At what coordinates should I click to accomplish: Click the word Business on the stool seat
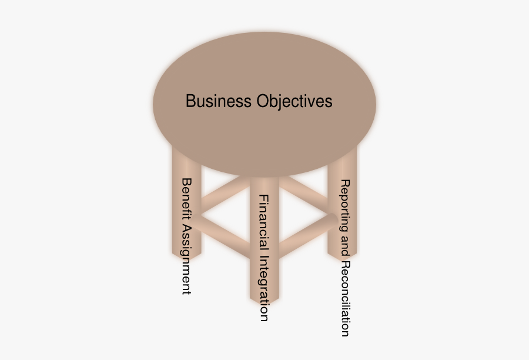click(x=219, y=101)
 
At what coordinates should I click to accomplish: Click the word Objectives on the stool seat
click(x=294, y=102)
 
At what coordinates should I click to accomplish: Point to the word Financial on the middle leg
click(x=264, y=222)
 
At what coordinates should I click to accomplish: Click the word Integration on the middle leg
click(x=264, y=288)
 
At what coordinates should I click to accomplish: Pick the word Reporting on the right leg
click(x=345, y=205)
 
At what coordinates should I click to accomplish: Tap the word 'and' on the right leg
click(x=345, y=245)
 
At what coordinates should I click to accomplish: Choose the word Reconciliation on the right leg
click(x=345, y=299)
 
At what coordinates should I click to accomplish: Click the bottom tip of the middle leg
click(x=264, y=304)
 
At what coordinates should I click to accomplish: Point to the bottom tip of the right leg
click(x=342, y=261)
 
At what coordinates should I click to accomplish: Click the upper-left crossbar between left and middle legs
click(x=225, y=192)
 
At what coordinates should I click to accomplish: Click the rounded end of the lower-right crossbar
click(x=333, y=219)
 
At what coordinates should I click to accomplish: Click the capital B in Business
click(x=190, y=101)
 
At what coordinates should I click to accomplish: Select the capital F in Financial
click(x=264, y=199)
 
